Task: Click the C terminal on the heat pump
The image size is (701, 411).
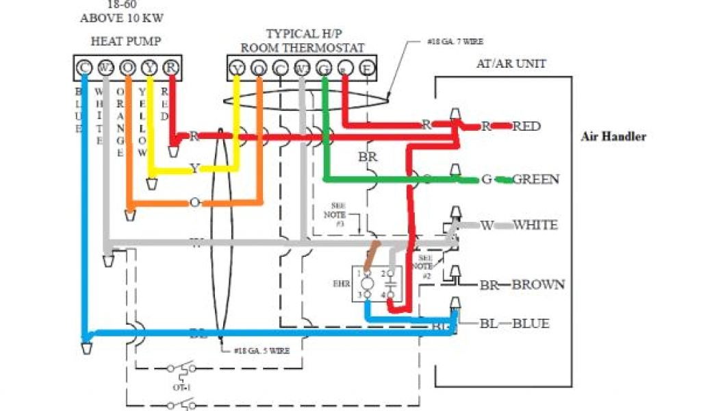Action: tap(84, 68)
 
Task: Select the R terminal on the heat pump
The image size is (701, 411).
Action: tap(171, 68)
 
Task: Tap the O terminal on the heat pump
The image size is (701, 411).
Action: tap(127, 68)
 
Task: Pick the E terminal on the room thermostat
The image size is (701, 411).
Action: tap(368, 68)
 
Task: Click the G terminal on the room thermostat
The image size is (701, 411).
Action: tap(324, 68)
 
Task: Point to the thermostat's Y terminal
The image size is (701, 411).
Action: tap(237, 68)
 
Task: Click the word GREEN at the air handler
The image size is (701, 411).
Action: tap(536, 179)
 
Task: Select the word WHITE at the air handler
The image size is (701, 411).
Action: tap(535, 225)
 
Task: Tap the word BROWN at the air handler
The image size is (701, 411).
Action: tap(539, 284)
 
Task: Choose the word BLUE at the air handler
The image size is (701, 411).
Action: tap(531, 323)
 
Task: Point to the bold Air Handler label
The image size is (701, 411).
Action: tap(613, 136)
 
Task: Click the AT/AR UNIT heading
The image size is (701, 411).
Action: tap(511, 64)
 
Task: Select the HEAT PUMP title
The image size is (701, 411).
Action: tap(126, 41)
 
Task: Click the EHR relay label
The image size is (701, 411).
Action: tap(340, 282)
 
